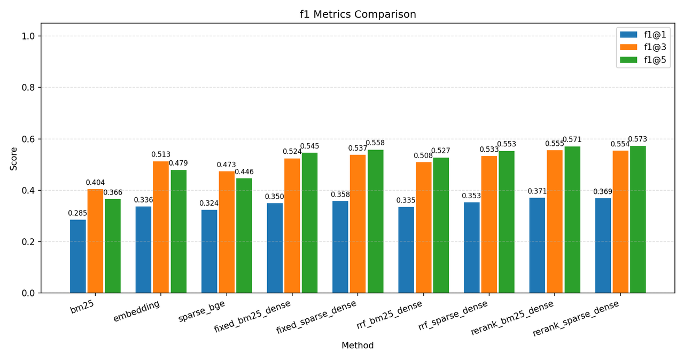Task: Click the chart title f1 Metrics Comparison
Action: click(x=357, y=14)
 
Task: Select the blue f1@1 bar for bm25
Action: click(x=78, y=256)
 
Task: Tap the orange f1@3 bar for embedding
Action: click(x=161, y=227)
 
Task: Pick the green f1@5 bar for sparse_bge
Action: click(x=244, y=236)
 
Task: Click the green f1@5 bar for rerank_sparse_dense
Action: click(x=638, y=220)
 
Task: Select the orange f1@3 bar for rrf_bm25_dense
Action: click(x=423, y=228)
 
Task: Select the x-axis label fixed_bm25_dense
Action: click(x=253, y=316)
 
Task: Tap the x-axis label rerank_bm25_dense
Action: click(x=512, y=318)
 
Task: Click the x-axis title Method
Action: click(x=357, y=346)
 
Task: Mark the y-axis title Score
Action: click(x=14, y=158)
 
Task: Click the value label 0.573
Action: click(x=638, y=139)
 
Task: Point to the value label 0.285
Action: click(x=77, y=213)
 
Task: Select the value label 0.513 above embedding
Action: click(x=161, y=155)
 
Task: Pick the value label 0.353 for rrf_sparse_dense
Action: click(x=471, y=196)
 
